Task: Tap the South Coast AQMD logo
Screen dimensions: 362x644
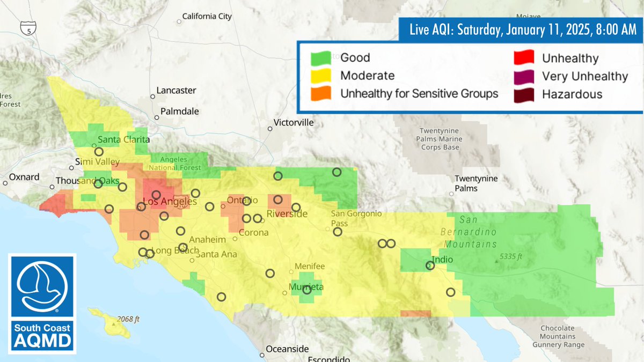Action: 42,304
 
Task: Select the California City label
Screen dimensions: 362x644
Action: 207,17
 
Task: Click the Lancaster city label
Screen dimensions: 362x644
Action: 176,91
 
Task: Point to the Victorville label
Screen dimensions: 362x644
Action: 293,123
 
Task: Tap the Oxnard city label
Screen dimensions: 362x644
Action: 24,177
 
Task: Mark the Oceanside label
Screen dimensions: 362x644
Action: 288,349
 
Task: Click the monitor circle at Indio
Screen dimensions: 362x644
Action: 430,265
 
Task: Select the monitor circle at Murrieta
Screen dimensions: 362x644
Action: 307,290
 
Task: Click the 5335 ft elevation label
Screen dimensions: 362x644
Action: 510,257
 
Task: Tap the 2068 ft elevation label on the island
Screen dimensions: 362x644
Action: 128,320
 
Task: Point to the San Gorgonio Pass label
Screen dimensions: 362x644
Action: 356,217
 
